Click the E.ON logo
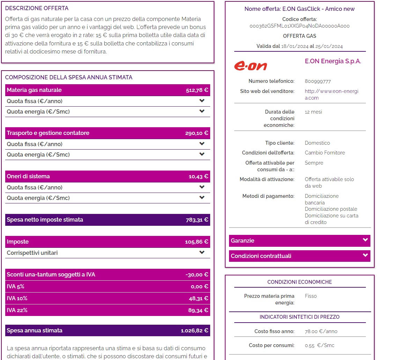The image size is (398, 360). point(250,66)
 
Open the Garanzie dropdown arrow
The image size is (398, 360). point(365,240)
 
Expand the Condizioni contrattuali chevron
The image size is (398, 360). point(365,255)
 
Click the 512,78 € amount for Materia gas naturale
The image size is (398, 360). point(197,90)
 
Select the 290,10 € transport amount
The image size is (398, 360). point(197,133)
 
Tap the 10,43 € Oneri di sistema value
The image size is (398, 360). point(198,177)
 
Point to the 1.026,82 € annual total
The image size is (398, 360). point(194,331)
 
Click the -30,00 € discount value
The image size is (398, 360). point(197,275)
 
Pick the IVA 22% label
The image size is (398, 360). point(17,310)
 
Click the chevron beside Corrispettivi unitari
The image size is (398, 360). point(202,252)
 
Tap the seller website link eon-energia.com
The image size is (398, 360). point(331,94)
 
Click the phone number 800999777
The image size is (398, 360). point(318,81)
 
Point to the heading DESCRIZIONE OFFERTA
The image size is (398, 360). point(37,8)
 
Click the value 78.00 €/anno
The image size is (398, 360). point(321,331)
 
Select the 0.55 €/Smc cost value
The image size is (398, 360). point(319,345)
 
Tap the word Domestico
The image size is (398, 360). point(317,143)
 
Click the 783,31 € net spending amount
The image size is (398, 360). point(197,220)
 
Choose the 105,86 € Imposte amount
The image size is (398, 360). point(197,242)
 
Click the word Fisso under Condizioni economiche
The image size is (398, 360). point(310,296)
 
